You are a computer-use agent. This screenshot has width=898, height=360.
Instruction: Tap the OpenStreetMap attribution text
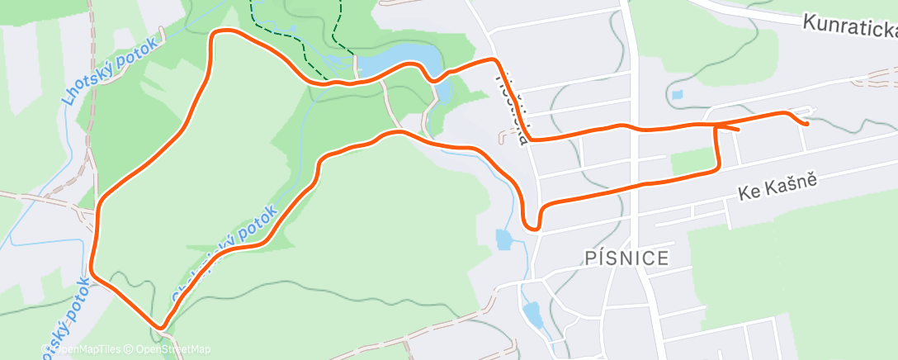[x=173, y=349]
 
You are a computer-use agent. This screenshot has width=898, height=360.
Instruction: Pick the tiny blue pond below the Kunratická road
[x=678, y=95]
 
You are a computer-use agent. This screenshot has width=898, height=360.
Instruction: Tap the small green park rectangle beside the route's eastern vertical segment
[x=691, y=161]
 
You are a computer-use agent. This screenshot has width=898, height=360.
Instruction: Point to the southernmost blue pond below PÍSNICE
[x=532, y=314]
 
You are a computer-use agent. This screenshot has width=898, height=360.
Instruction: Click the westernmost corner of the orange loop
[x=92, y=268]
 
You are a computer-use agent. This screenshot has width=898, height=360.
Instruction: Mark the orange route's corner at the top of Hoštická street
[x=496, y=61]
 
